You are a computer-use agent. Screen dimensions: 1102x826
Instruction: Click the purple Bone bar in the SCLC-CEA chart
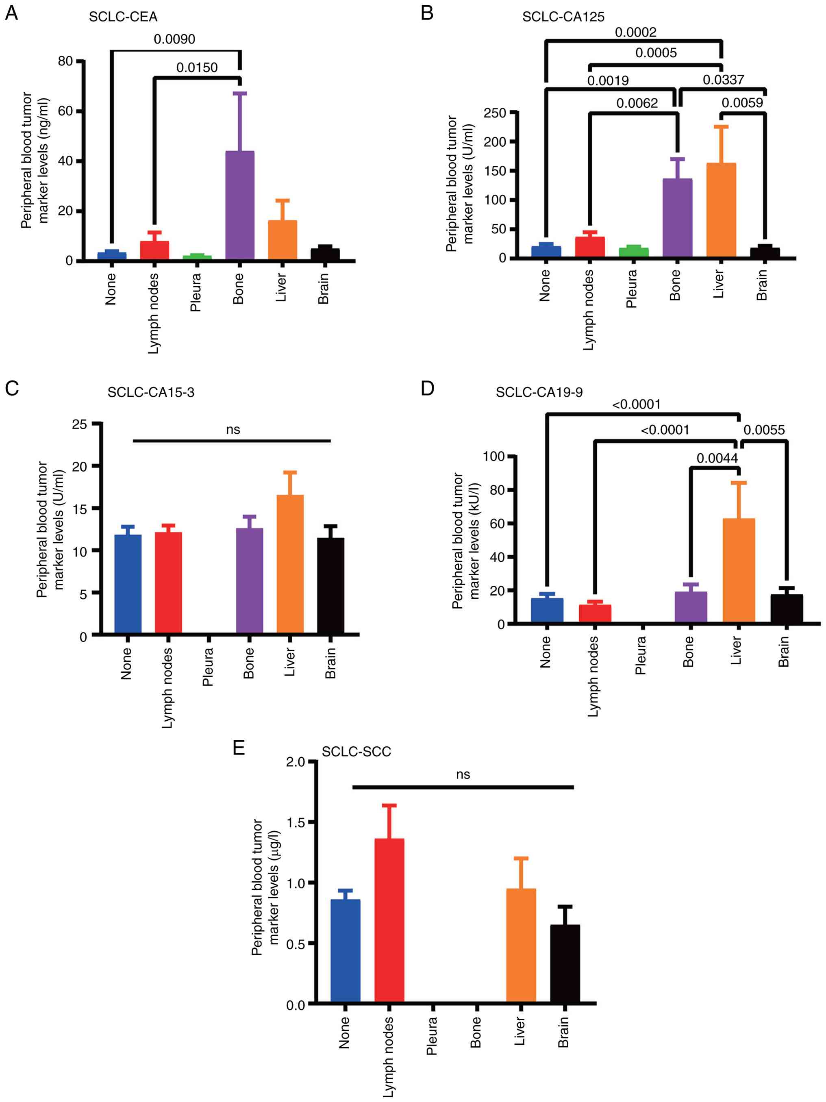240,205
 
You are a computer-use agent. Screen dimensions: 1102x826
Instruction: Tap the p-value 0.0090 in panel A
174,39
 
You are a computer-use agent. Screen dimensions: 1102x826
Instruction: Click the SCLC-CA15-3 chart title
151,393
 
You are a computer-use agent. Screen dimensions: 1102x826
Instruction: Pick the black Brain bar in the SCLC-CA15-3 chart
330,585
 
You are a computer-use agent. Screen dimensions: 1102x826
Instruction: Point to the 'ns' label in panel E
463,775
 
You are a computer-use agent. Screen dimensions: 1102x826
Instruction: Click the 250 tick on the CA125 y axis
495,113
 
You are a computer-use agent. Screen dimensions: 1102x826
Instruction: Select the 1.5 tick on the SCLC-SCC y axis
296,822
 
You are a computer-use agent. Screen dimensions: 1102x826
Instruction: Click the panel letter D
428,388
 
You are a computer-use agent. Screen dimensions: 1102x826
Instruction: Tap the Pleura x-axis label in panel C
208,667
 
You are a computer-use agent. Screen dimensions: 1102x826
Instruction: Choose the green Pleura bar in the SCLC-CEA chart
197,257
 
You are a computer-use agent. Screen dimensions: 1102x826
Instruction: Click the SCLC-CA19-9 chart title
539,393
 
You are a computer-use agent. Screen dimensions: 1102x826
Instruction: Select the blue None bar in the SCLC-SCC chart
345,950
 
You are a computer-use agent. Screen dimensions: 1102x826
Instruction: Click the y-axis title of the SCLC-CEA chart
35,160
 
